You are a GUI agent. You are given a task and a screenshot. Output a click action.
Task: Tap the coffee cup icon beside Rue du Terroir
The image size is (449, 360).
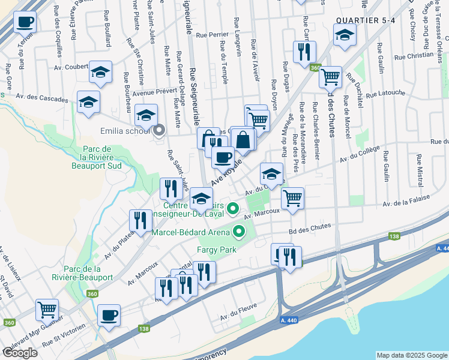(x=25, y=23)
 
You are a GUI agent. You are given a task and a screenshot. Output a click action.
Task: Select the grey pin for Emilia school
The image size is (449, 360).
(x=159, y=130)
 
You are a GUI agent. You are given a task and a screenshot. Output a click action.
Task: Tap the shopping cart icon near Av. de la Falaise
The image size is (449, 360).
(x=292, y=197)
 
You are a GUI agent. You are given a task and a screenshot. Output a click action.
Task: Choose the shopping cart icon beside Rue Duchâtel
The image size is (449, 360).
(x=330, y=76)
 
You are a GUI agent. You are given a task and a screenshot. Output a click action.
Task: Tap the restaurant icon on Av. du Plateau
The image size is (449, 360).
(x=141, y=220)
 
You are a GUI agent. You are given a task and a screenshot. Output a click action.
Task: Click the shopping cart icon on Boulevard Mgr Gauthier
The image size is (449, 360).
(x=47, y=309)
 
